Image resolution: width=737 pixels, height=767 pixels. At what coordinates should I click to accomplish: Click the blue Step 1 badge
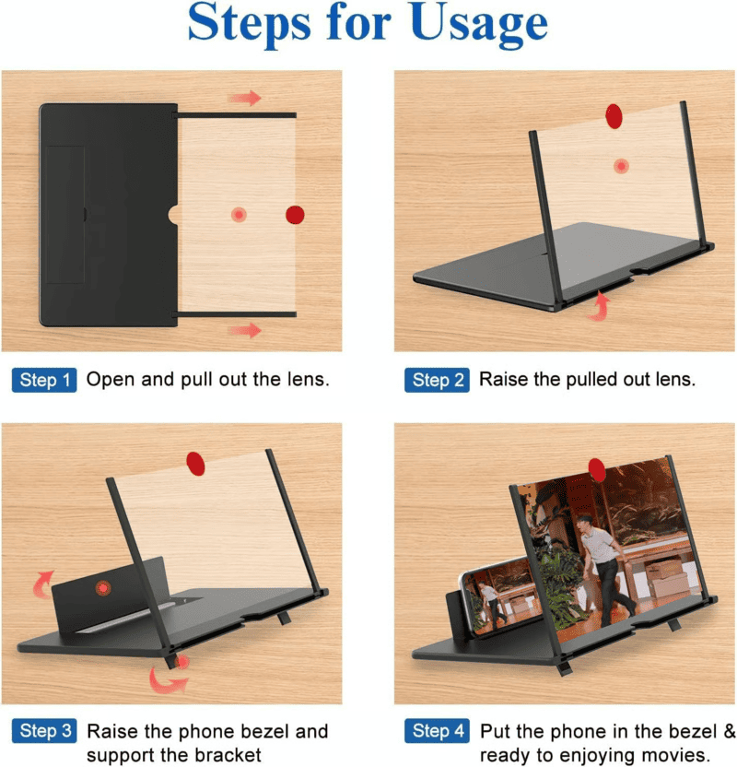coord(44,380)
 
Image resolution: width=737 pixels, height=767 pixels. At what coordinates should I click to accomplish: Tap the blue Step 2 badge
coord(437,380)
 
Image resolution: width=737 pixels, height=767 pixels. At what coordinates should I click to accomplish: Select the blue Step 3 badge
coord(44,731)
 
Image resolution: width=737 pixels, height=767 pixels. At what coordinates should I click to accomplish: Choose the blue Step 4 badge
coord(437,731)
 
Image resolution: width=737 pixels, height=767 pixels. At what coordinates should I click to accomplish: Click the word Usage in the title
coord(479,26)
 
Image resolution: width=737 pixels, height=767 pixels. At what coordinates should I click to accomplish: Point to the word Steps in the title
coord(250,25)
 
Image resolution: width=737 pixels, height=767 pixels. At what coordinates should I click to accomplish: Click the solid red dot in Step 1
coord(295,215)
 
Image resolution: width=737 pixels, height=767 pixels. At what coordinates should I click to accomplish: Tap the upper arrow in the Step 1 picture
coord(245,98)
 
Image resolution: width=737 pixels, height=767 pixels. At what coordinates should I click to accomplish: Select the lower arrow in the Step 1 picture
coord(245,330)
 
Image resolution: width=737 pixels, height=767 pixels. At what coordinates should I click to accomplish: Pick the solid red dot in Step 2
coord(614,116)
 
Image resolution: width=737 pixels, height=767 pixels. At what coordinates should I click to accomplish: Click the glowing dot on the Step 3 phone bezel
coord(103,588)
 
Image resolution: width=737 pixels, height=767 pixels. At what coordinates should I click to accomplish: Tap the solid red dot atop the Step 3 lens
coord(195,464)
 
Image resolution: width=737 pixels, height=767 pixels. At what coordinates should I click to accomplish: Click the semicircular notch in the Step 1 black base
coord(173,215)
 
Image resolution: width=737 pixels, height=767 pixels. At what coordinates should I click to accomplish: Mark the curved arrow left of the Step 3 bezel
coord(43,584)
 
